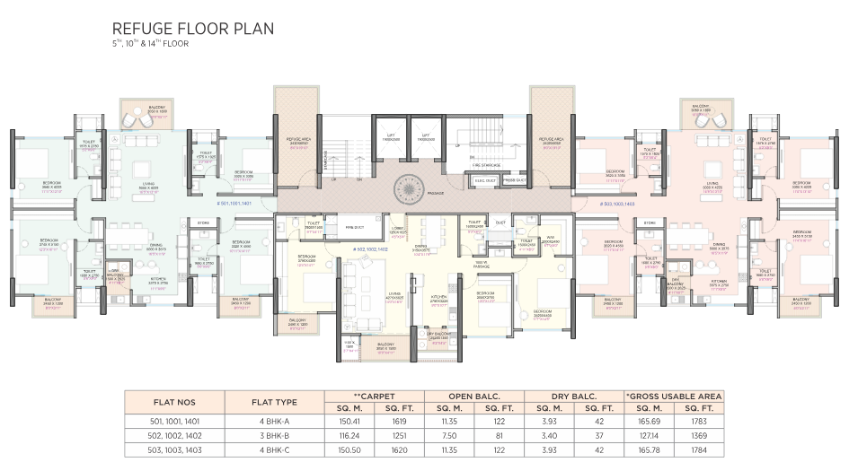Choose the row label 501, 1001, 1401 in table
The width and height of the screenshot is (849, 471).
point(174,418)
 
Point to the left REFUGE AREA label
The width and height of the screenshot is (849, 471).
point(298,140)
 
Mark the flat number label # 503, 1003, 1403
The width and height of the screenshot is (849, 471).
point(610,205)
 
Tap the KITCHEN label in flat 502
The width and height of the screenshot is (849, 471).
point(440,297)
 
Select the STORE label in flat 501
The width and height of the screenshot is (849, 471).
point(203,222)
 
